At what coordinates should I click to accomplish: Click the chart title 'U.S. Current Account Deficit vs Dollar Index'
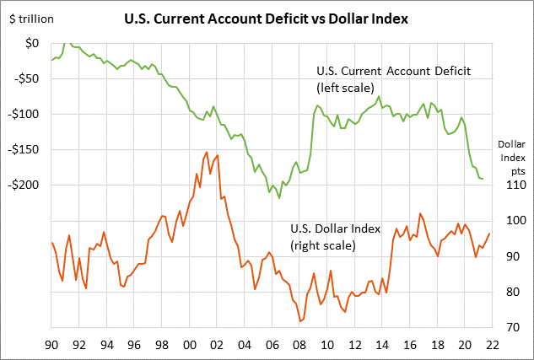267,18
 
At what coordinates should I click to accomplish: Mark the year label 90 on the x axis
51,344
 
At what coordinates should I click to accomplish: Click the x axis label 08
299,344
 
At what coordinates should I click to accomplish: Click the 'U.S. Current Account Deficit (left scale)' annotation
392,78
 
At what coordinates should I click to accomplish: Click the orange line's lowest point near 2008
300,321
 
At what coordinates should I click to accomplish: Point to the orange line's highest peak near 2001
207,153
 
